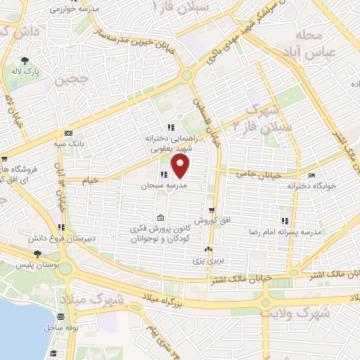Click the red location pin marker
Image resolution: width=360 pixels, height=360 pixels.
[181, 166]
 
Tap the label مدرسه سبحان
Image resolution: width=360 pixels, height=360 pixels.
[165, 186]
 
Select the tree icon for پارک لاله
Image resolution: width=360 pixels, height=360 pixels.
[25, 61]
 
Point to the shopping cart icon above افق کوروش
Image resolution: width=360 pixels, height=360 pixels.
[211, 210]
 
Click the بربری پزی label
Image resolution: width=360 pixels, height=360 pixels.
[208, 260]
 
